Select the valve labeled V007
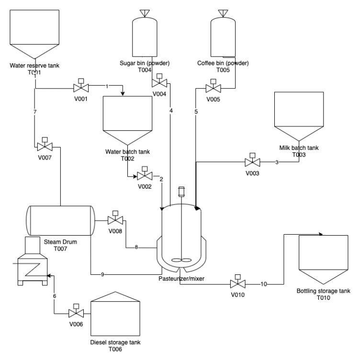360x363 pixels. pos(45,146)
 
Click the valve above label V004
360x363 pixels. pos(159,82)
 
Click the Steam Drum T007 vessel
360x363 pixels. pos(60,220)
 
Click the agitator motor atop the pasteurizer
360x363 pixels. pos(181,192)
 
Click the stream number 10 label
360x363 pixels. pos(263,284)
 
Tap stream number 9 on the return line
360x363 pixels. pos(102,274)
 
